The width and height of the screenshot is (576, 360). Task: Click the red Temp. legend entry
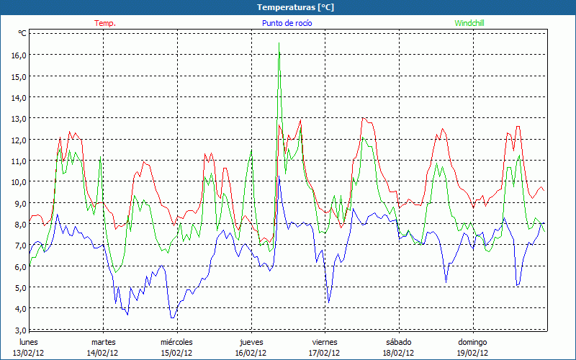[104, 23]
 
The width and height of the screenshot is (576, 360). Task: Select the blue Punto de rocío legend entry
[287, 23]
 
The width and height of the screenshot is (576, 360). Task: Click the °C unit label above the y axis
[22, 33]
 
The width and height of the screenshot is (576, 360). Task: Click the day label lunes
[29, 342]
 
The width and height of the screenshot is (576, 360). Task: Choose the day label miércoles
[176, 342]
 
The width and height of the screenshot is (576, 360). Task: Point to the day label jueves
[251, 342]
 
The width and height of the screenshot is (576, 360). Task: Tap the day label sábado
[398, 342]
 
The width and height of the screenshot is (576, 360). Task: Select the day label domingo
[472, 342]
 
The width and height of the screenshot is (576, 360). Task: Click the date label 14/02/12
[103, 353]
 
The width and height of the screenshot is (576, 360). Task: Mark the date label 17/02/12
[325, 353]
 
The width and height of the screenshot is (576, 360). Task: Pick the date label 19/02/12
[472, 353]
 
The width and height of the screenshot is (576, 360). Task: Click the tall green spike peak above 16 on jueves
[279, 44]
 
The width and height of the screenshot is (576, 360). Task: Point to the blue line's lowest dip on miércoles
[171, 317]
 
